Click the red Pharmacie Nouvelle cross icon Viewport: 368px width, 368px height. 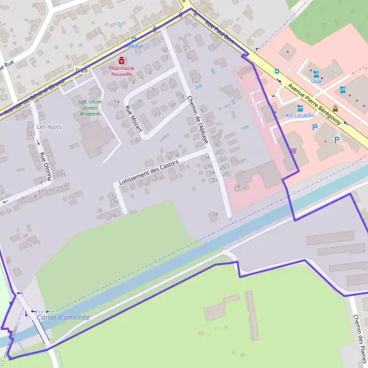click(121, 60)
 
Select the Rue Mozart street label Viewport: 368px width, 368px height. click(133, 119)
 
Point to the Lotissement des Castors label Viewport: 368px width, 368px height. click(149, 174)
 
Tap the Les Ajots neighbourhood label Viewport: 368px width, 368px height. click(49, 127)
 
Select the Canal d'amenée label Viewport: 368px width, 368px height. click(63, 317)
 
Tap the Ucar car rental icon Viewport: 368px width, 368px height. click(316, 74)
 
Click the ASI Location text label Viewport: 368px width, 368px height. click(300, 115)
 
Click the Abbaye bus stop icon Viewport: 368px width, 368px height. click(134, 39)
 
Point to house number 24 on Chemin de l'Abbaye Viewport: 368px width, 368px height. click(215, 214)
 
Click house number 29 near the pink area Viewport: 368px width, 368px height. click(237, 186)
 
